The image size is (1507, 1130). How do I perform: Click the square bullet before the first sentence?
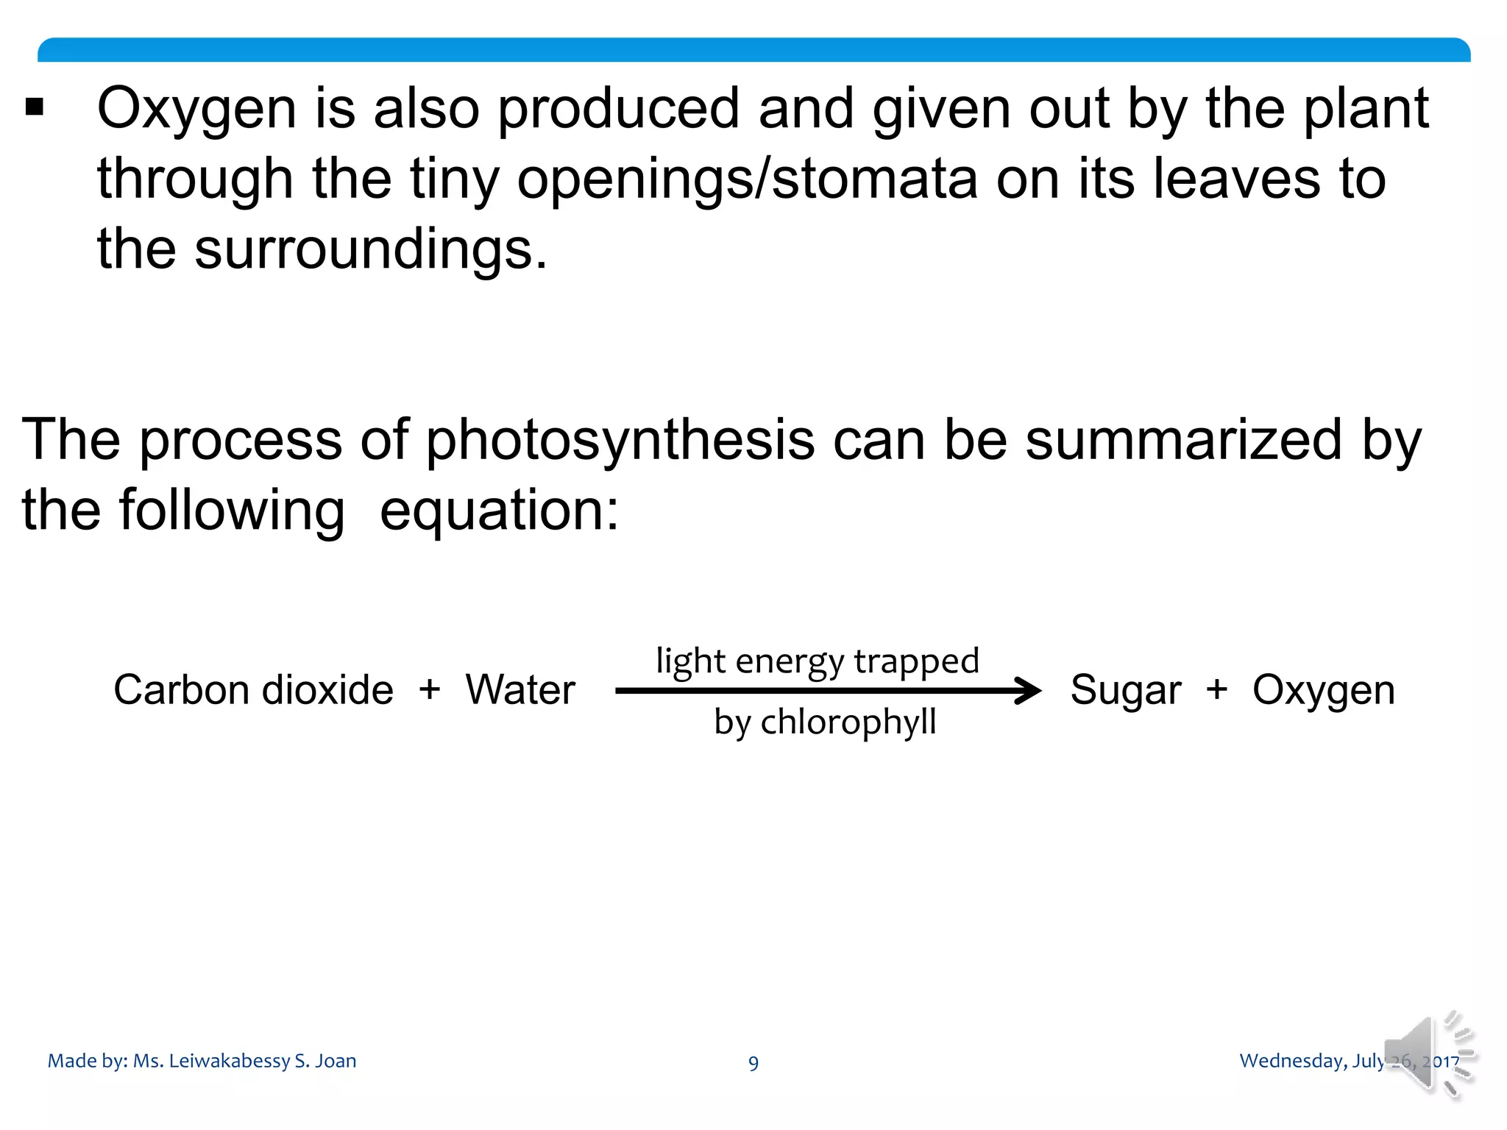coord(35,107)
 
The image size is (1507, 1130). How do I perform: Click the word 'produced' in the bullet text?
coord(618,109)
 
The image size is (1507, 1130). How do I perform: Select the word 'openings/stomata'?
coord(747,180)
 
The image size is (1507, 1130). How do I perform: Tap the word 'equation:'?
coord(499,511)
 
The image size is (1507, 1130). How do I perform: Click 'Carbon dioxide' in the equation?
coord(253,690)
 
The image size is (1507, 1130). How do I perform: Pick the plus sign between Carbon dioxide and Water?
coord(430,690)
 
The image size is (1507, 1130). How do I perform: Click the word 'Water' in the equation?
coord(520,690)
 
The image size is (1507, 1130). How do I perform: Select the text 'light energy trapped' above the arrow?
coord(818,661)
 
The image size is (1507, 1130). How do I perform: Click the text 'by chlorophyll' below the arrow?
coord(825,722)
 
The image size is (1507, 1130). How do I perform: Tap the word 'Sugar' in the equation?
coord(1126,691)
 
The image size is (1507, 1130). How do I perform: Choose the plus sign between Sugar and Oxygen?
coord(1217,690)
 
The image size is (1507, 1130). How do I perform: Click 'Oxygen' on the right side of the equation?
coord(1324,691)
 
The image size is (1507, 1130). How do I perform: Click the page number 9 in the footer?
coord(753,1063)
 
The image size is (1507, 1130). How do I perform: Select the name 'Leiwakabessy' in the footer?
coord(229,1061)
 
